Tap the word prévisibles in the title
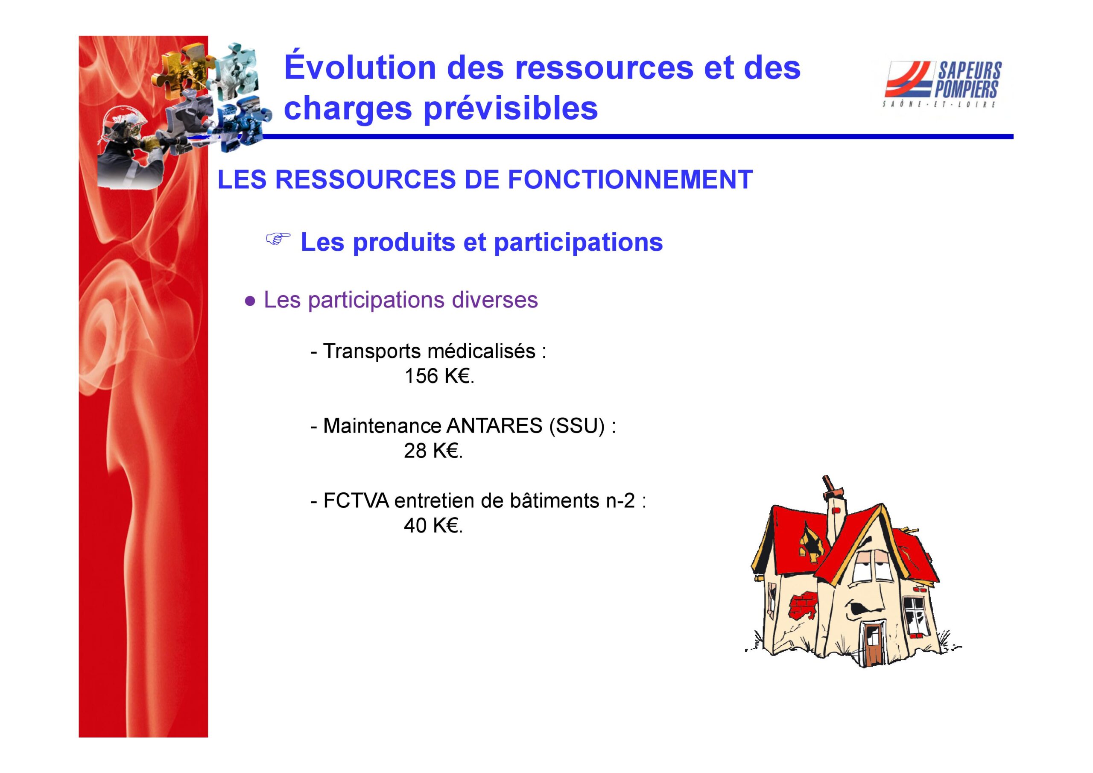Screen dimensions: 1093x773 pyautogui.click(x=511, y=108)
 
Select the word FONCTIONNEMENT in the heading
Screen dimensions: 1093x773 pyautogui.click(x=630, y=179)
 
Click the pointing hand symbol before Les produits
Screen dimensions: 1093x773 pyautogui.click(x=278, y=240)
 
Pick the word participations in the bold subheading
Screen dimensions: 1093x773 pyautogui.click(x=579, y=243)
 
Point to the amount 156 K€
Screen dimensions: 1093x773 pyautogui.click(x=439, y=376)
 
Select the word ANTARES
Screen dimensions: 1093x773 pyautogui.click(x=494, y=426)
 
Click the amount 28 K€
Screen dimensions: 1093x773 pyautogui.click(x=433, y=451)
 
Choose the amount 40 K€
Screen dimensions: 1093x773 pyautogui.click(x=433, y=526)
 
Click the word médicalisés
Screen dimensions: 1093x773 pyautogui.click(x=481, y=351)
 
